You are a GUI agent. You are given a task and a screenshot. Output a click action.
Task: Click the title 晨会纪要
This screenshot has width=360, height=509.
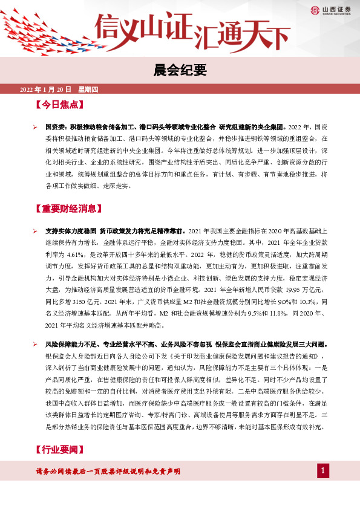click(180, 68)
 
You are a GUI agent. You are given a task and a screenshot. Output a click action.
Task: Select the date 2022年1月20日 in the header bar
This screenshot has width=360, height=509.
click(46, 89)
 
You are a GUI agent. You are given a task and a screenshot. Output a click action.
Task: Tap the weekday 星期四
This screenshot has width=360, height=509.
click(88, 89)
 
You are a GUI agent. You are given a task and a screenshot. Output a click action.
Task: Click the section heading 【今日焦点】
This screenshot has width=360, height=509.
click(59, 105)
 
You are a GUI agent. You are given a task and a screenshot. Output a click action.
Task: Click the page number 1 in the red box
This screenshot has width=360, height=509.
click(324, 470)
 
